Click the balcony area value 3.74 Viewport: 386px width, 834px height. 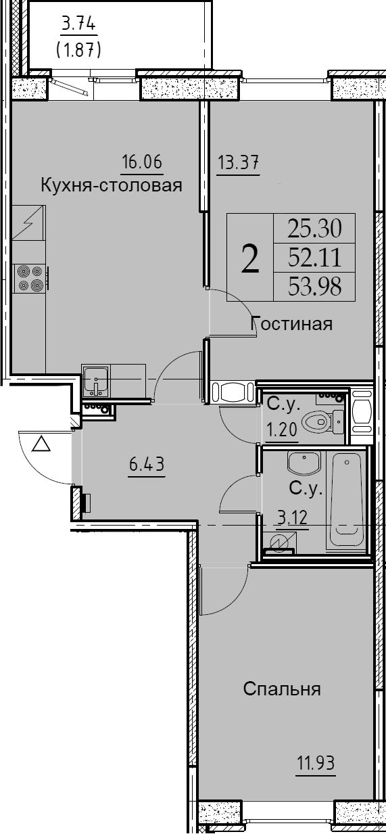point(78,25)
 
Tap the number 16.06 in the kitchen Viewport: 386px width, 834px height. point(143,162)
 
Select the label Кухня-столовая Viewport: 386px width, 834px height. point(112,185)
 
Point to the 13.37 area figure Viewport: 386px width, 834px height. point(238,162)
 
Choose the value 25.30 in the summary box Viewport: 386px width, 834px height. point(314,228)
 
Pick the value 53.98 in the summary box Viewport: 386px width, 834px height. point(314,287)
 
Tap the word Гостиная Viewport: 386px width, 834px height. point(292,323)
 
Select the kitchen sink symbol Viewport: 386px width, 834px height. point(96,381)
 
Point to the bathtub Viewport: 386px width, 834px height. point(346,500)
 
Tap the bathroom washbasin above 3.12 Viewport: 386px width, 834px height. point(304,463)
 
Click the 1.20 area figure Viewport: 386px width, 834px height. point(281,430)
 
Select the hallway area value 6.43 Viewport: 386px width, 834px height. point(147,464)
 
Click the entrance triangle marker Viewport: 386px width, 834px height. point(41,444)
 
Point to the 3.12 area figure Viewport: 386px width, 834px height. point(292,517)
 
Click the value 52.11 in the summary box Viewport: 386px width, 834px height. point(314,258)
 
